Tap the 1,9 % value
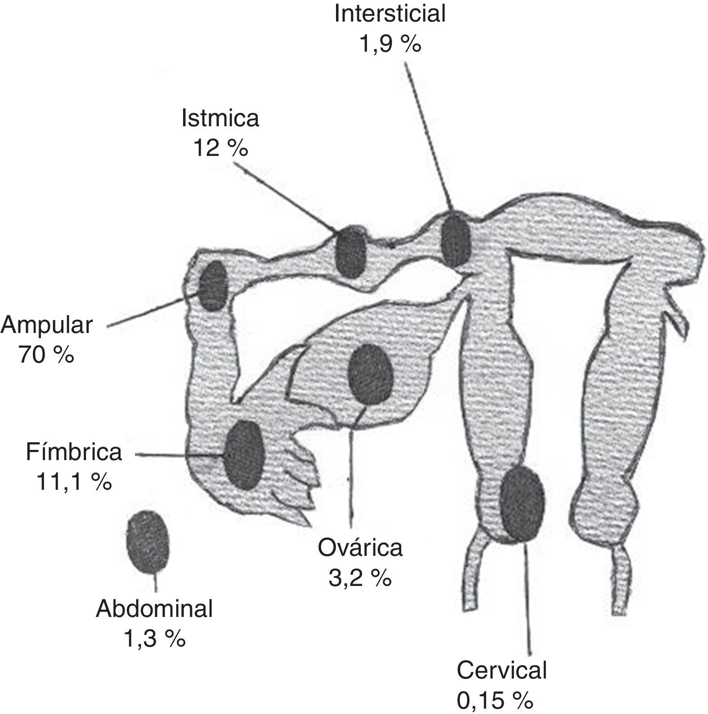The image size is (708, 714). (x=390, y=44)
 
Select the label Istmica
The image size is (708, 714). (x=220, y=119)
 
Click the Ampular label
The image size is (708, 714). (x=47, y=325)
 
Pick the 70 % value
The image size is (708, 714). (x=47, y=355)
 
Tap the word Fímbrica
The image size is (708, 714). (x=74, y=452)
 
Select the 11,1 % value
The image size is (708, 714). (x=74, y=482)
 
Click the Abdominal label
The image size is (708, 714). (x=154, y=609)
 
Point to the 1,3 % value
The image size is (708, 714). (x=154, y=639)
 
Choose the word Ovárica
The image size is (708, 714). (x=360, y=548)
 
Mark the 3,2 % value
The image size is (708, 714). (x=360, y=578)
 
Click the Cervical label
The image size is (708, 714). (x=502, y=670)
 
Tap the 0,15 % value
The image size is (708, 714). (x=495, y=700)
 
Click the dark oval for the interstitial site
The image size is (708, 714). (x=455, y=241)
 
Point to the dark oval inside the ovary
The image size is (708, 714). (x=371, y=374)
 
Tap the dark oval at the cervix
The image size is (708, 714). (x=522, y=503)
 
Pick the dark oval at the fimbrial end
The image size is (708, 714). (x=244, y=455)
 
